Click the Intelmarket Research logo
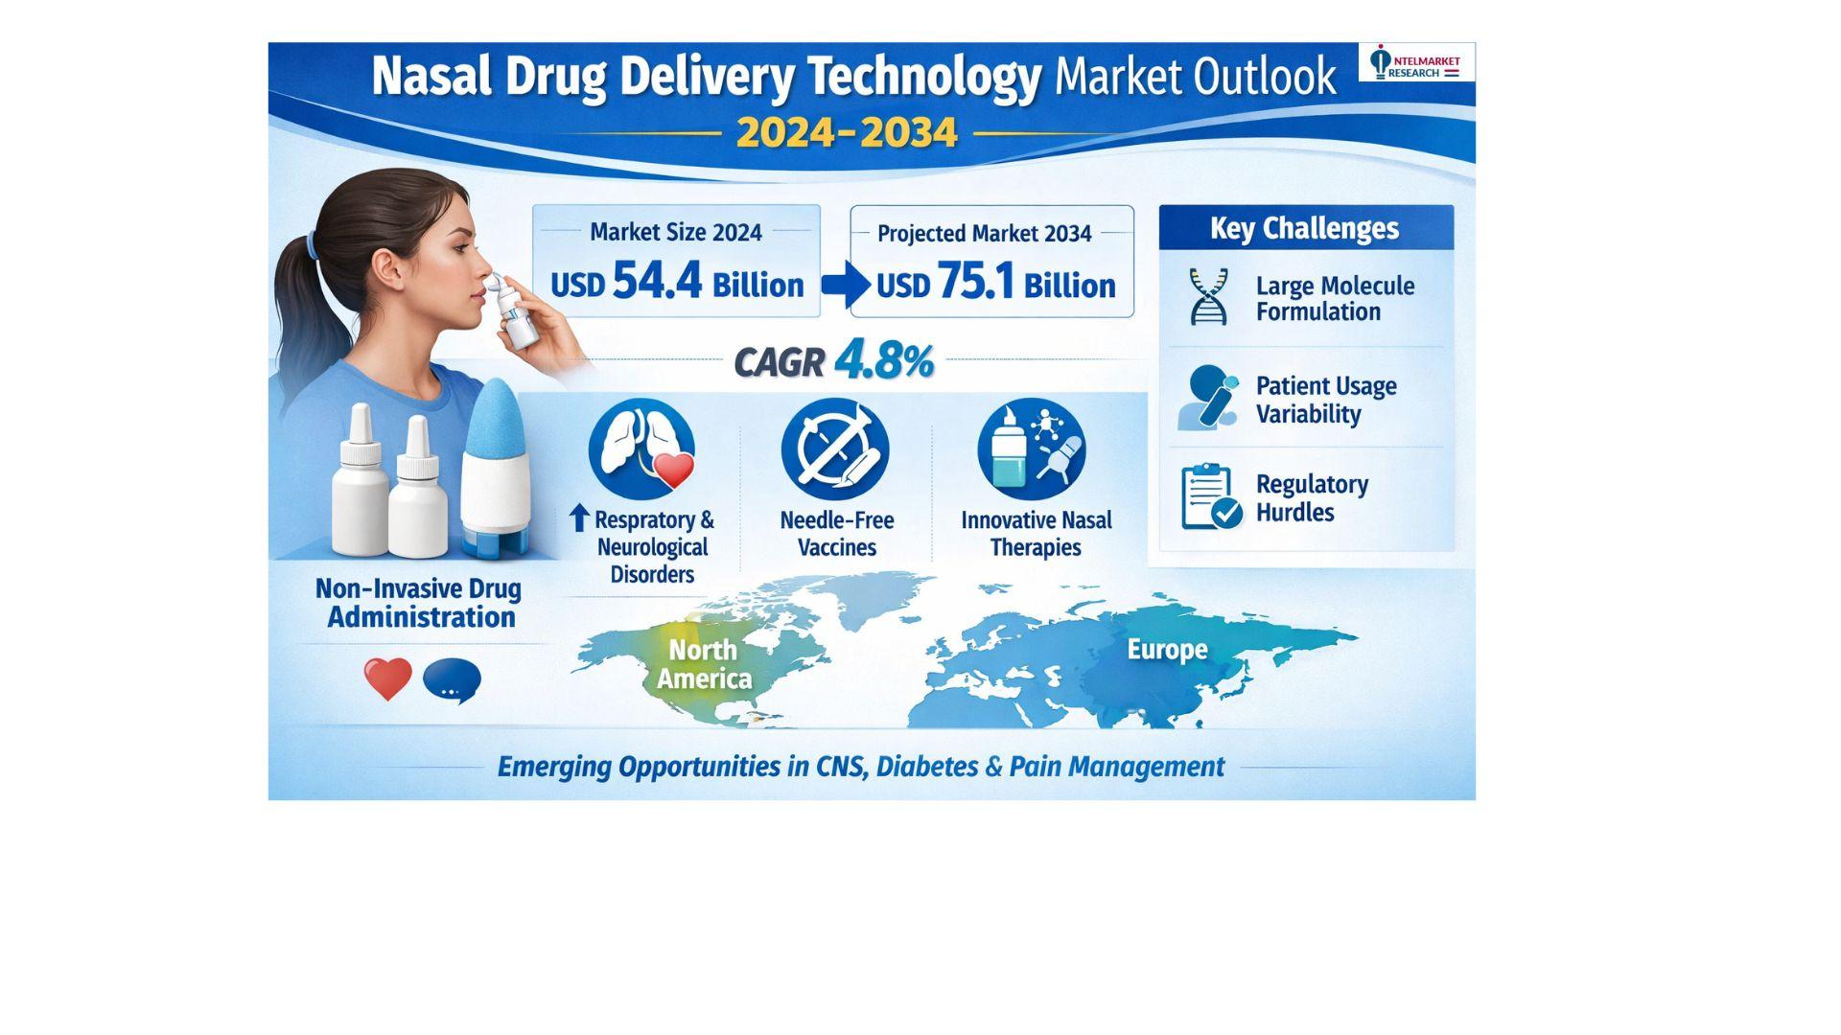[1416, 62]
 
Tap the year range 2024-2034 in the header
[847, 132]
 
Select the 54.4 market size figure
[657, 281]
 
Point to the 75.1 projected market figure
[975, 281]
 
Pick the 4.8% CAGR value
[884, 361]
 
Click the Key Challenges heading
[1304, 228]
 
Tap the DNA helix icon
[1208, 296]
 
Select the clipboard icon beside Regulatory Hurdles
[1211, 496]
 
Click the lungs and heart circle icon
[641, 448]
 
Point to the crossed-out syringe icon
[835, 448]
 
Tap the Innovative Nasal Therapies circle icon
[1032, 448]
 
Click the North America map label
[704, 664]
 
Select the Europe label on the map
[1167, 650]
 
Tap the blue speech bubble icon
[452, 681]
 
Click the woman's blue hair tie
[313, 246]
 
